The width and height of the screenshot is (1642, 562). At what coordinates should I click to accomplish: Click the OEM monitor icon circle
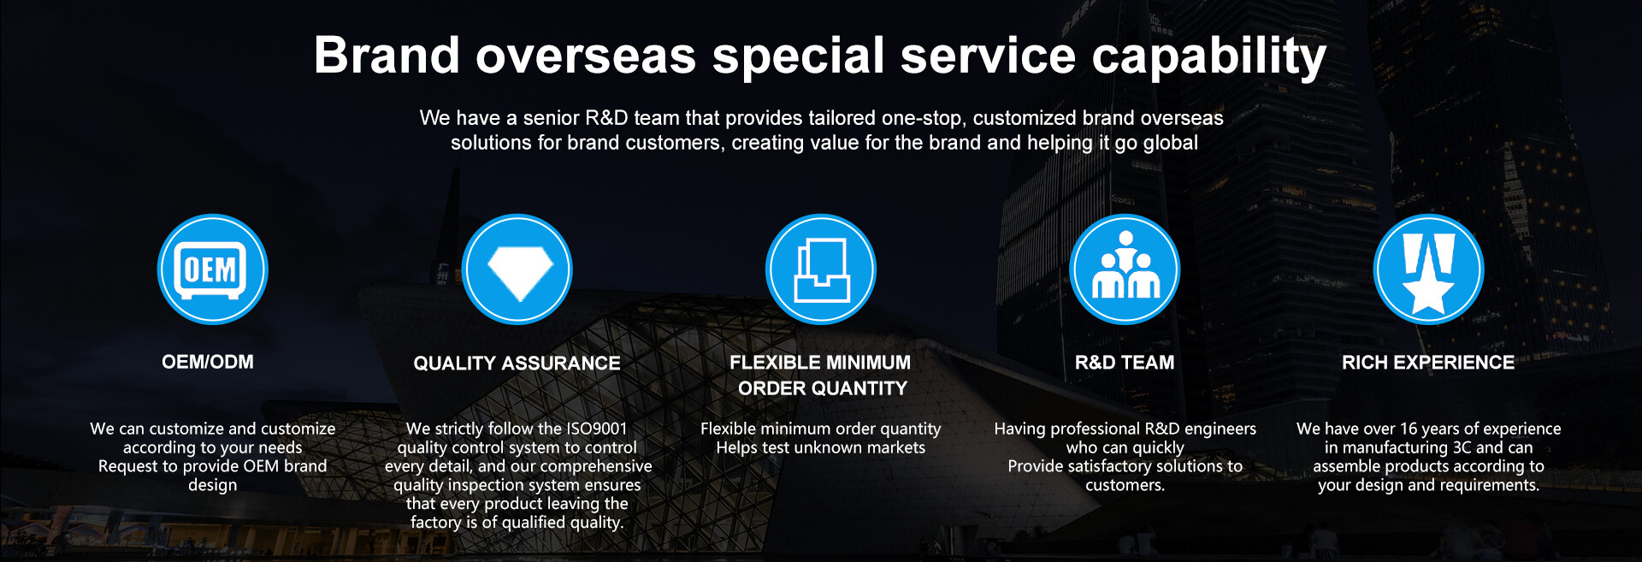coord(213,269)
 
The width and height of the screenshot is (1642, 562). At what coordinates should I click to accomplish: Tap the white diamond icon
coord(517,269)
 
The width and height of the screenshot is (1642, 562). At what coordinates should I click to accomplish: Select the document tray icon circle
coord(821,269)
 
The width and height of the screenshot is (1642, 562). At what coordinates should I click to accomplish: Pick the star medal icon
coord(1429,269)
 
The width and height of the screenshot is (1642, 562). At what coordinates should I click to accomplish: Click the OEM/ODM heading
coord(208,362)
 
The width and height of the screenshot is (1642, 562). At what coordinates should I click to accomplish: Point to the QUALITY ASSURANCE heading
coord(517,364)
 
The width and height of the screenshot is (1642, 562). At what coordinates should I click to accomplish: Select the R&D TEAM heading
coord(1125,363)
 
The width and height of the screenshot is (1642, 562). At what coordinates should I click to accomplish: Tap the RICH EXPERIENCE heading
coord(1428,363)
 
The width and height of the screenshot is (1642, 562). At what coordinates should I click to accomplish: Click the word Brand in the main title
coord(387,56)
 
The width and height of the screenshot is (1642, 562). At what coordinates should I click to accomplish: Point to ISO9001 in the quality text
coord(597,429)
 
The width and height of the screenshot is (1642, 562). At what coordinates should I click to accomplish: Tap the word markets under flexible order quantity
coord(894,447)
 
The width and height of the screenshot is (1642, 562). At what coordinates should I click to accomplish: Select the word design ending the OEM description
coord(213,486)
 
